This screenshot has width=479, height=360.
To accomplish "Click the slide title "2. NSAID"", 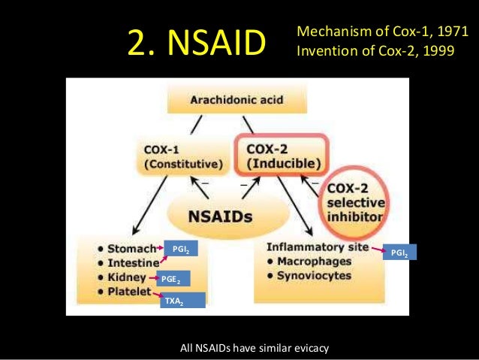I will coord(197,43).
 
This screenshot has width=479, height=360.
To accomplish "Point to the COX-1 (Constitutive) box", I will coord(180,156).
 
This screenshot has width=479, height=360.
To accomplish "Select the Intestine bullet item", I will coord(130,262).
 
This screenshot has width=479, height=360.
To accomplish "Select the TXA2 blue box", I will coord(173,300).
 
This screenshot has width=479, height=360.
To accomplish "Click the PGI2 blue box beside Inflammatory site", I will coord(399,253).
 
